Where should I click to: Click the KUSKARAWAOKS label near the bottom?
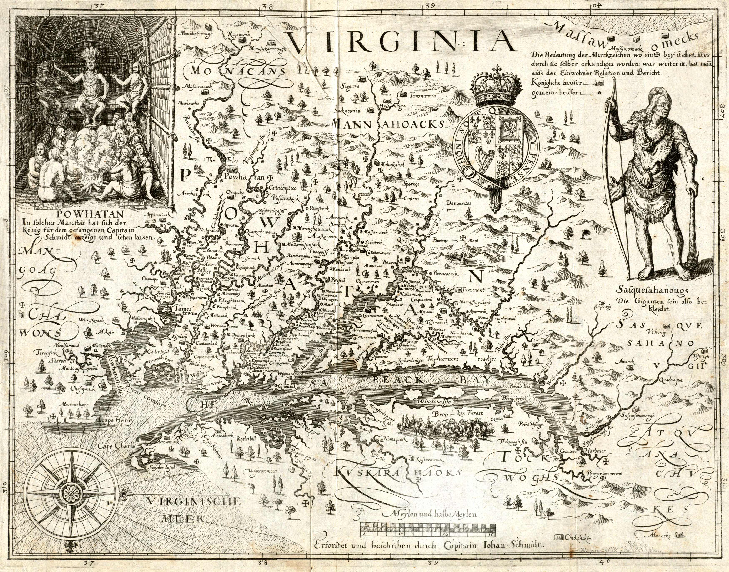pos(397,473)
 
